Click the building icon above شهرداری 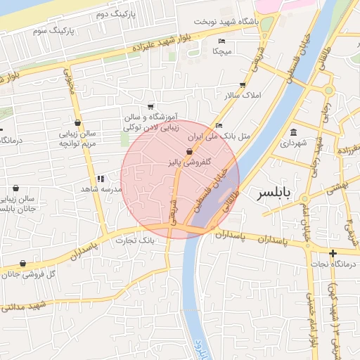click(x=293, y=132)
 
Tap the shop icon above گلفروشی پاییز click(x=188, y=152)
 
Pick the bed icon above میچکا click(x=222, y=41)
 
